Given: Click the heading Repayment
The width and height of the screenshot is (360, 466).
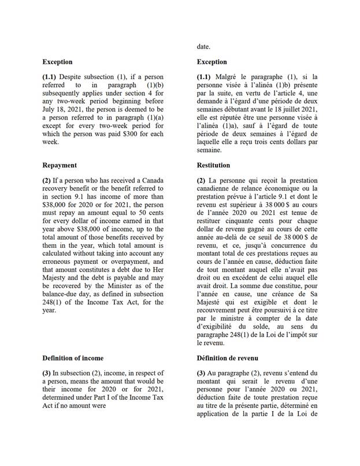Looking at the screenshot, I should (60, 165).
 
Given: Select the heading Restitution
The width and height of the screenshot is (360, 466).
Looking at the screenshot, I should (213, 165).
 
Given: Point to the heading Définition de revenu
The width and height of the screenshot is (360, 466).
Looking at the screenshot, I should (227, 358).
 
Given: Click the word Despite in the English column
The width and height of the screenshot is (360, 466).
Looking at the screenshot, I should (75, 77).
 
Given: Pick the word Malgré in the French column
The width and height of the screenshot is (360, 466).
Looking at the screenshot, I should (227, 77).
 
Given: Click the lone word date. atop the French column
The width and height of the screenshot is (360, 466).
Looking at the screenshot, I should (203, 46).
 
